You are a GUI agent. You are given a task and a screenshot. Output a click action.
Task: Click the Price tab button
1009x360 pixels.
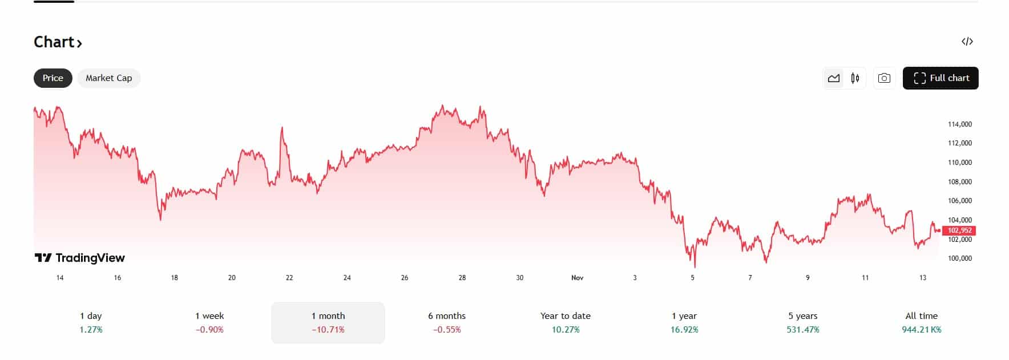(53, 78)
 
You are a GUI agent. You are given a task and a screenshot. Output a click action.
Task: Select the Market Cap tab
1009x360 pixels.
(108, 78)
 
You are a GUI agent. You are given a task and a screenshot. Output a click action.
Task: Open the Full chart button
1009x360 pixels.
(940, 78)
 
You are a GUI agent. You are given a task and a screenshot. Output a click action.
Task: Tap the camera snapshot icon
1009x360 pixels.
(883, 78)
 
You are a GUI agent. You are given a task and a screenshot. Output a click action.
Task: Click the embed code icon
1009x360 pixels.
(967, 42)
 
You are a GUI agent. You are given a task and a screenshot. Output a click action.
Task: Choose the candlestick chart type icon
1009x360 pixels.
(855, 78)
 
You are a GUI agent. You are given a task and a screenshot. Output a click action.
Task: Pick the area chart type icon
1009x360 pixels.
(834, 78)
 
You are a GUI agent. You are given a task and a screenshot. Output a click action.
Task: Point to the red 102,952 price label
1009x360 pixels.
(959, 230)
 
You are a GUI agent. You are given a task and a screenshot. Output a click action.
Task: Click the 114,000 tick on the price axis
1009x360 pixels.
(959, 124)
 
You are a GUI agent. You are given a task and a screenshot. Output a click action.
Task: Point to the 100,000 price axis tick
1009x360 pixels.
(959, 258)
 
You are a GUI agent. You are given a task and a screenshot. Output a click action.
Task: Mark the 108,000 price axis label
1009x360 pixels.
(959, 182)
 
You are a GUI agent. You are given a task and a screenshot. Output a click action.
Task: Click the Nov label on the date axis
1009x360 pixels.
(577, 278)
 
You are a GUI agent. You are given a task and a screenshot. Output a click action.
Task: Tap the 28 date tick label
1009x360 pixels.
(462, 278)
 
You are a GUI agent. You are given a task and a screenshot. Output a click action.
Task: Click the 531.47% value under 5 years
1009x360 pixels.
(802, 330)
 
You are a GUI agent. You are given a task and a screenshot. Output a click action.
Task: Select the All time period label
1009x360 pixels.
(921, 316)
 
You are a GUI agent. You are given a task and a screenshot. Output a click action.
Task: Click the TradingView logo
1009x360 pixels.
(80, 258)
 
